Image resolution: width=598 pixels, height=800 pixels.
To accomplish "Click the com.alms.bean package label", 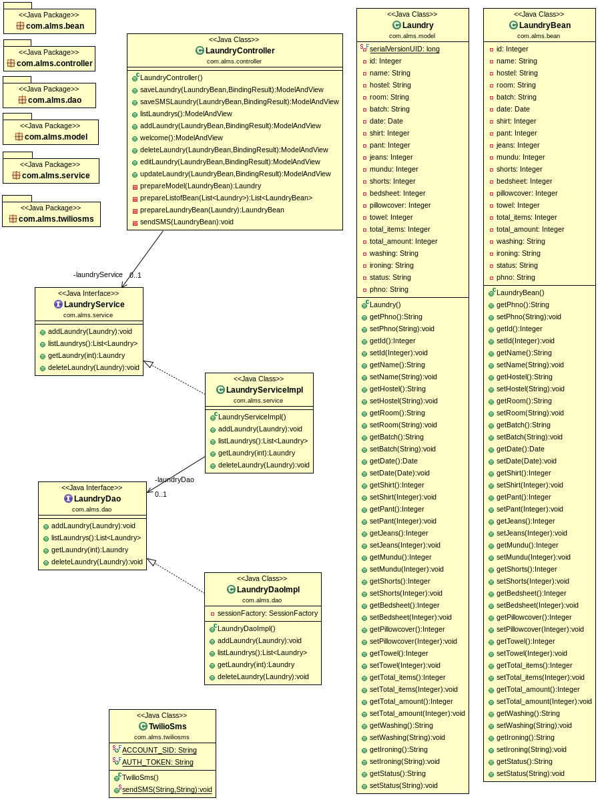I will coord(55,25).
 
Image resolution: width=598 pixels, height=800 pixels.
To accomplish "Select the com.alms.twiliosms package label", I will coord(56,218).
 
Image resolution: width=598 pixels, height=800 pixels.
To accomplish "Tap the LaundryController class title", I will coord(240,51).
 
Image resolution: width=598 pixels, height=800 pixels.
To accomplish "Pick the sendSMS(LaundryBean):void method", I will coord(186,222).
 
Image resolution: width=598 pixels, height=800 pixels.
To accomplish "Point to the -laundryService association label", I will coord(98,274).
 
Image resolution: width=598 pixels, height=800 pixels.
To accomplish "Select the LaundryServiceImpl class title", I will coord(264,390).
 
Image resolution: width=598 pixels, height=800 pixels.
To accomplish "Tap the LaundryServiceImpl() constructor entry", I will coord(252,417).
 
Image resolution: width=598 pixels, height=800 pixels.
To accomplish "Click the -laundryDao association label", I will coord(174,479).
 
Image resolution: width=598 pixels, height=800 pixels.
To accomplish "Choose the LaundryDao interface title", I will coord(97,499).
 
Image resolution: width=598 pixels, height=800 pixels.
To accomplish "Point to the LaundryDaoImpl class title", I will coord(268,590).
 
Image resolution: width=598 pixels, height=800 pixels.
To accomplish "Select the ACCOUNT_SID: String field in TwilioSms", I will coord(159,750).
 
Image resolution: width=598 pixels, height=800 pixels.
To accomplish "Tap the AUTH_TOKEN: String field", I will coord(158,762).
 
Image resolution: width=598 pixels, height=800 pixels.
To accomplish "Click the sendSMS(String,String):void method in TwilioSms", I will coord(167,789).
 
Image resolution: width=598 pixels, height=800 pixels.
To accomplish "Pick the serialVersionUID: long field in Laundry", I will coord(404,49).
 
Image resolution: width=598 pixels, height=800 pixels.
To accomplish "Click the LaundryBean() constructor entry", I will coord(520,292).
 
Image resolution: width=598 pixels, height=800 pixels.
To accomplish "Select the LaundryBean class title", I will coord(545,25).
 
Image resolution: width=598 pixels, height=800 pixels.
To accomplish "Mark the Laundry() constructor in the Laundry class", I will coord(385,305).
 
